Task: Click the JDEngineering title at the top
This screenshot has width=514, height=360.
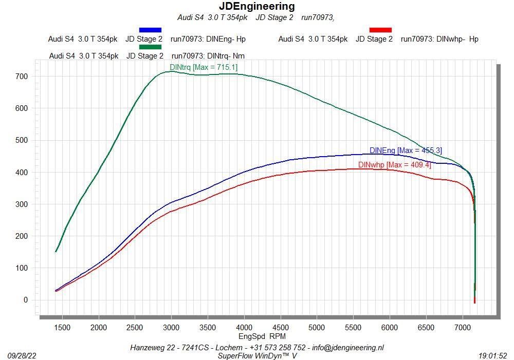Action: (257, 6)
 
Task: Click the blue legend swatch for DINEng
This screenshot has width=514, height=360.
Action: (150, 30)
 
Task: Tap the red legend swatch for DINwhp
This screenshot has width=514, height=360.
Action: (380, 30)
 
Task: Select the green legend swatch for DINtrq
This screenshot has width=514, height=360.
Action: (150, 47)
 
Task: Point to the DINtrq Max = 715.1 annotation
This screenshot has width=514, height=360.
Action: (204, 67)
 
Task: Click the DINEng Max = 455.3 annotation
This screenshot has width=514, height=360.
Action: (406, 150)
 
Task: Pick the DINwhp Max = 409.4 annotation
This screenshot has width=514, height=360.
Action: (394, 165)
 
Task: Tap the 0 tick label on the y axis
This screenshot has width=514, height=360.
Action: (25, 300)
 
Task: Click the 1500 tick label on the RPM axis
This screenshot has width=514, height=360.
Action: (62, 327)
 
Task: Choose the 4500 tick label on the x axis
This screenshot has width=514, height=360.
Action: (281, 327)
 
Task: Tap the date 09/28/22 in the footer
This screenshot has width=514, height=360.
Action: (22, 355)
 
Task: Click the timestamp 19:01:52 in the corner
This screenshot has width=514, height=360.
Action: (492, 355)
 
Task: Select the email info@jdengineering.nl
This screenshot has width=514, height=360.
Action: (348, 348)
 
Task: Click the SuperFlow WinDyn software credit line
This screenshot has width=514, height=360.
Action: (257, 355)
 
